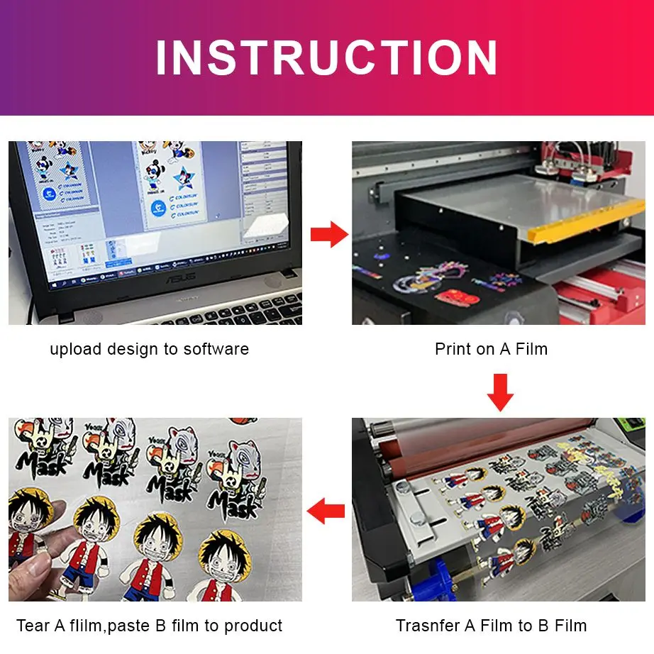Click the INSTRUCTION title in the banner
pos(327,57)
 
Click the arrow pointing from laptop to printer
pos(329,234)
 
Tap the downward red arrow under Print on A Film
pos(500,392)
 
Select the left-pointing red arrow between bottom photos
pos(326,509)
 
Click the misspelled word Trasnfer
pos(428,626)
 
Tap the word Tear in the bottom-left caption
pos(33,626)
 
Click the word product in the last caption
pos(254,626)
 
